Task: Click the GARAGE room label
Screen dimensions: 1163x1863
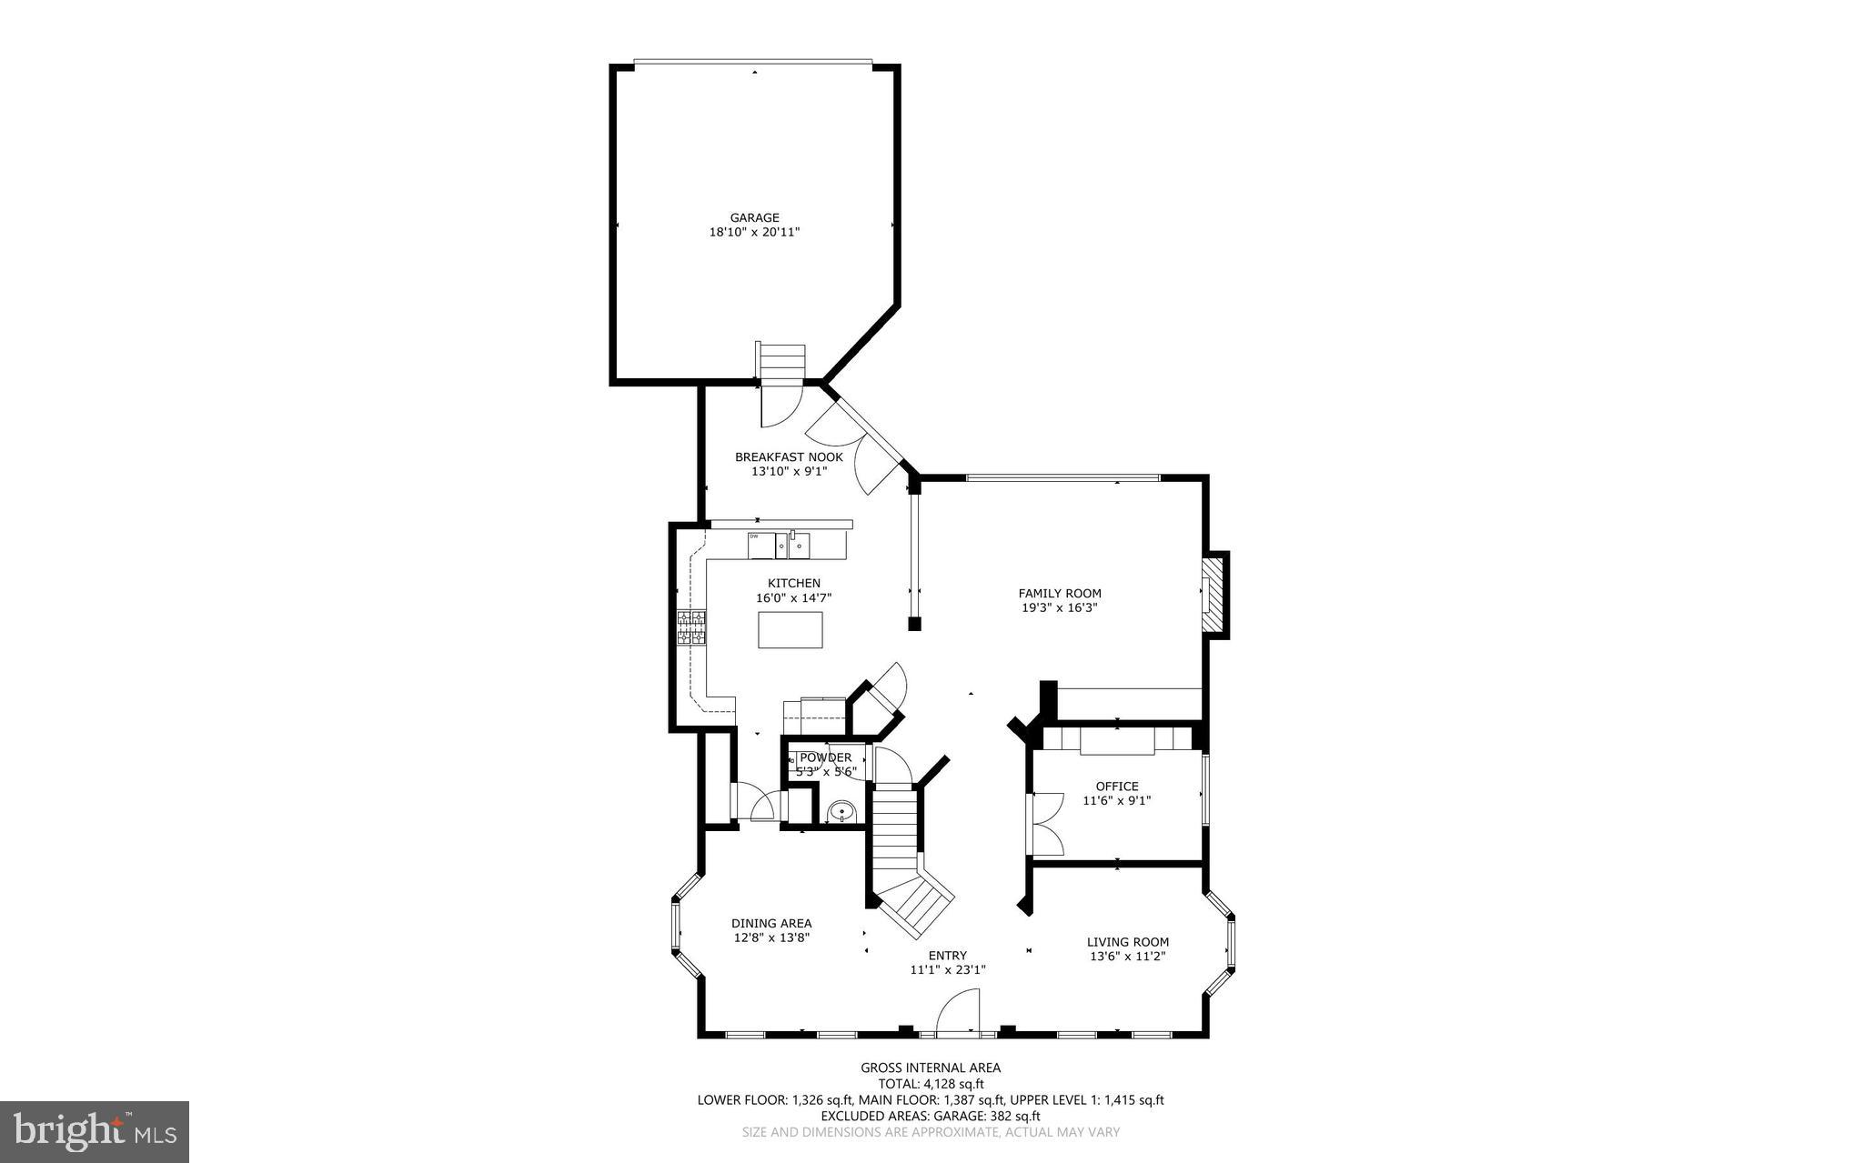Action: [754, 217]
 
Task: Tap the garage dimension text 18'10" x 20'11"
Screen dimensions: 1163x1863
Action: [754, 233]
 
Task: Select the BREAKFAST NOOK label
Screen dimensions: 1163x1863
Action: [789, 457]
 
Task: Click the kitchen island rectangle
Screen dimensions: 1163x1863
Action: [791, 630]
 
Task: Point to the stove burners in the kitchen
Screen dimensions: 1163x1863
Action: [691, 628]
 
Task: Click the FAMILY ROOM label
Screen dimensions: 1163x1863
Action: [1060, 594]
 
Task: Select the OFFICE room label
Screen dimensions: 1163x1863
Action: [1116, 787]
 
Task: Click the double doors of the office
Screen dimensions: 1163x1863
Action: [1046, 823]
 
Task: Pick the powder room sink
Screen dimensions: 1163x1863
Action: [842, 811]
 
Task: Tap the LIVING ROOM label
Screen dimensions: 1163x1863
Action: [1127, 942]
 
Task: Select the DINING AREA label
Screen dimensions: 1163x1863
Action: [771, 923]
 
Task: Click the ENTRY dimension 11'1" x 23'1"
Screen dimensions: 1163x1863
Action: [948, 970]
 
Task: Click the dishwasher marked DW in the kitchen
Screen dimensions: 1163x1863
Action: [761, 546]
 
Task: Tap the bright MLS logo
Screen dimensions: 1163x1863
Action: [95, 1131]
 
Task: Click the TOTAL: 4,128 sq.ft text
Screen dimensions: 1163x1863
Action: [931, 1084]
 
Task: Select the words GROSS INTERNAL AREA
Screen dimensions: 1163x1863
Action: [931, 1068]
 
